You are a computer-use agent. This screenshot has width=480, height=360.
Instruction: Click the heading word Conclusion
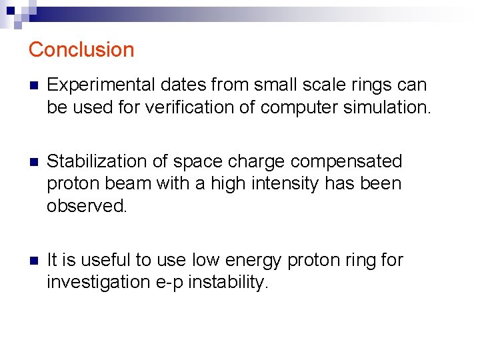(81, 50)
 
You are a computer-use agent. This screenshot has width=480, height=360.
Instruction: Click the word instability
(229, 282)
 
